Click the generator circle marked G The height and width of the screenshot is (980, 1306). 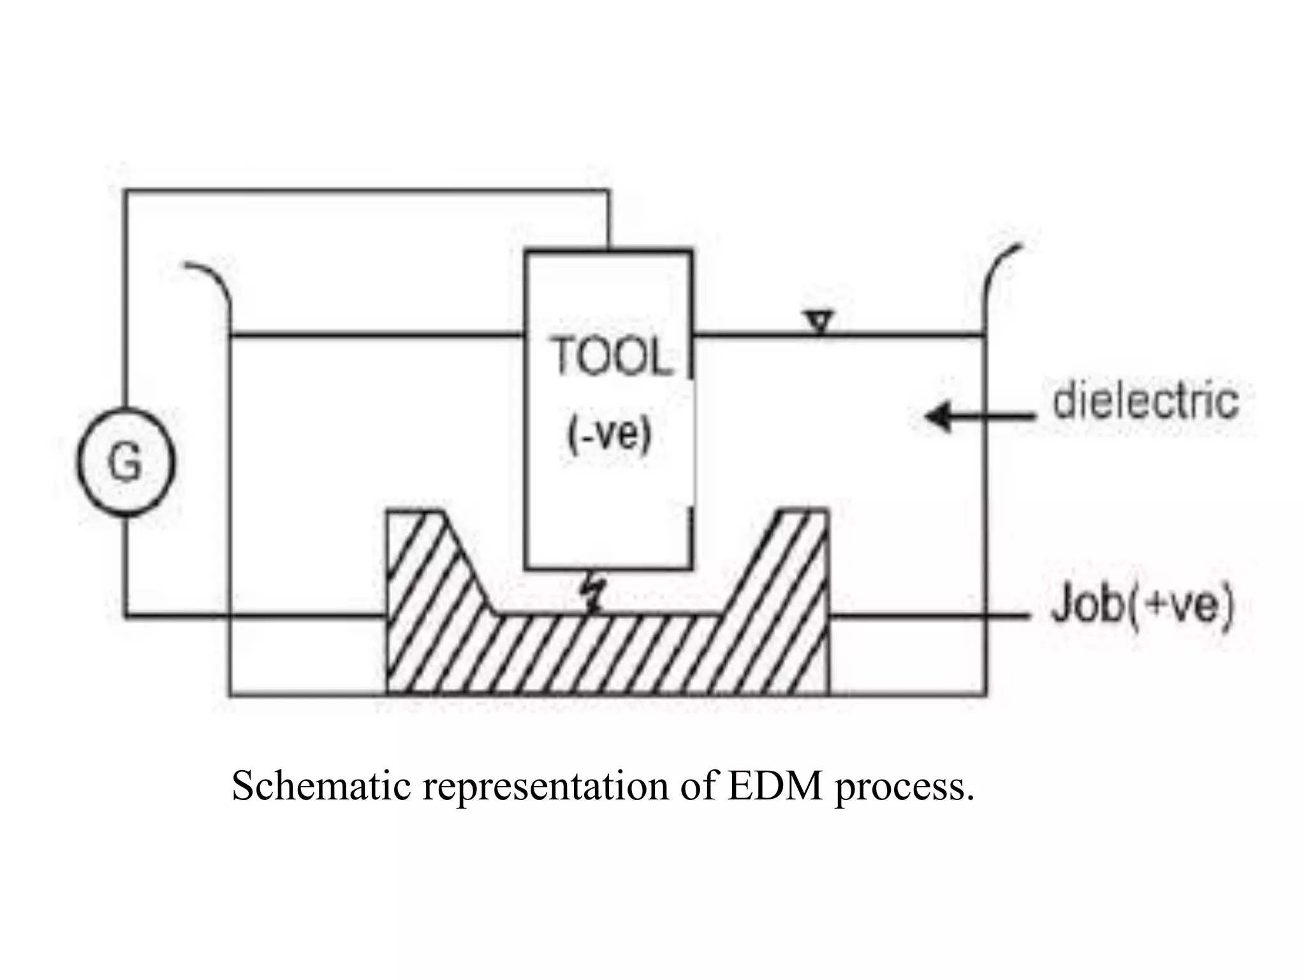[126, 461]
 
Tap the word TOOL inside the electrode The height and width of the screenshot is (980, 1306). [611, 356]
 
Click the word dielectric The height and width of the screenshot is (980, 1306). [1145, 401]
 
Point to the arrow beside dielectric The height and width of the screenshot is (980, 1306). [979, 417]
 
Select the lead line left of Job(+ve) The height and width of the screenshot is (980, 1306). [931, 617]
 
